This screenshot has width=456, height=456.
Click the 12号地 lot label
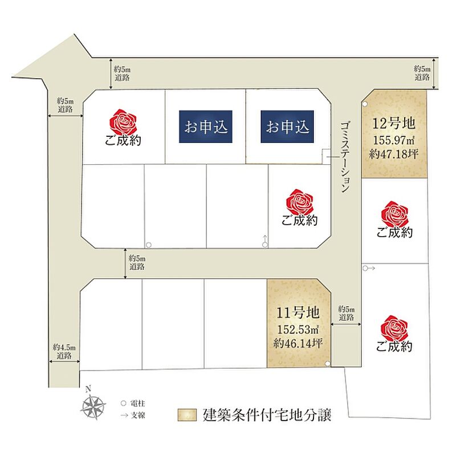394,124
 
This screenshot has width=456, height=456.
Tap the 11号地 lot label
298,313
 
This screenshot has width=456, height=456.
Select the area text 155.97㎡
394,140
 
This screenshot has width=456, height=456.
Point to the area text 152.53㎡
298,329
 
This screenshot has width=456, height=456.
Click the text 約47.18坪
394,153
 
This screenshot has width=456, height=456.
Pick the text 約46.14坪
298,344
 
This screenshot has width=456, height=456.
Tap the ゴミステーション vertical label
345,157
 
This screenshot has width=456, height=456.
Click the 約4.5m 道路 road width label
64,351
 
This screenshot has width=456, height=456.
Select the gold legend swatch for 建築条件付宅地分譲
187,415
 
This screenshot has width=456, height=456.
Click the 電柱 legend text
138,404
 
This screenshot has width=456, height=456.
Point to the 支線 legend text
138,416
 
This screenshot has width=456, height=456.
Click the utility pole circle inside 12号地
365,104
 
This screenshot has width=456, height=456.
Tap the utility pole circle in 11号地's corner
327,364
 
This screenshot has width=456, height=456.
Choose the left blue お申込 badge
206,127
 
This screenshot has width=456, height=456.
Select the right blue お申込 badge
287,127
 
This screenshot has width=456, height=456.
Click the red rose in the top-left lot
123,122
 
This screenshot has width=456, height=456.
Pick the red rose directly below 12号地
395,215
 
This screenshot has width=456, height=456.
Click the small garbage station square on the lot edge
326,157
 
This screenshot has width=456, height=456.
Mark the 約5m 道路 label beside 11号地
347,313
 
